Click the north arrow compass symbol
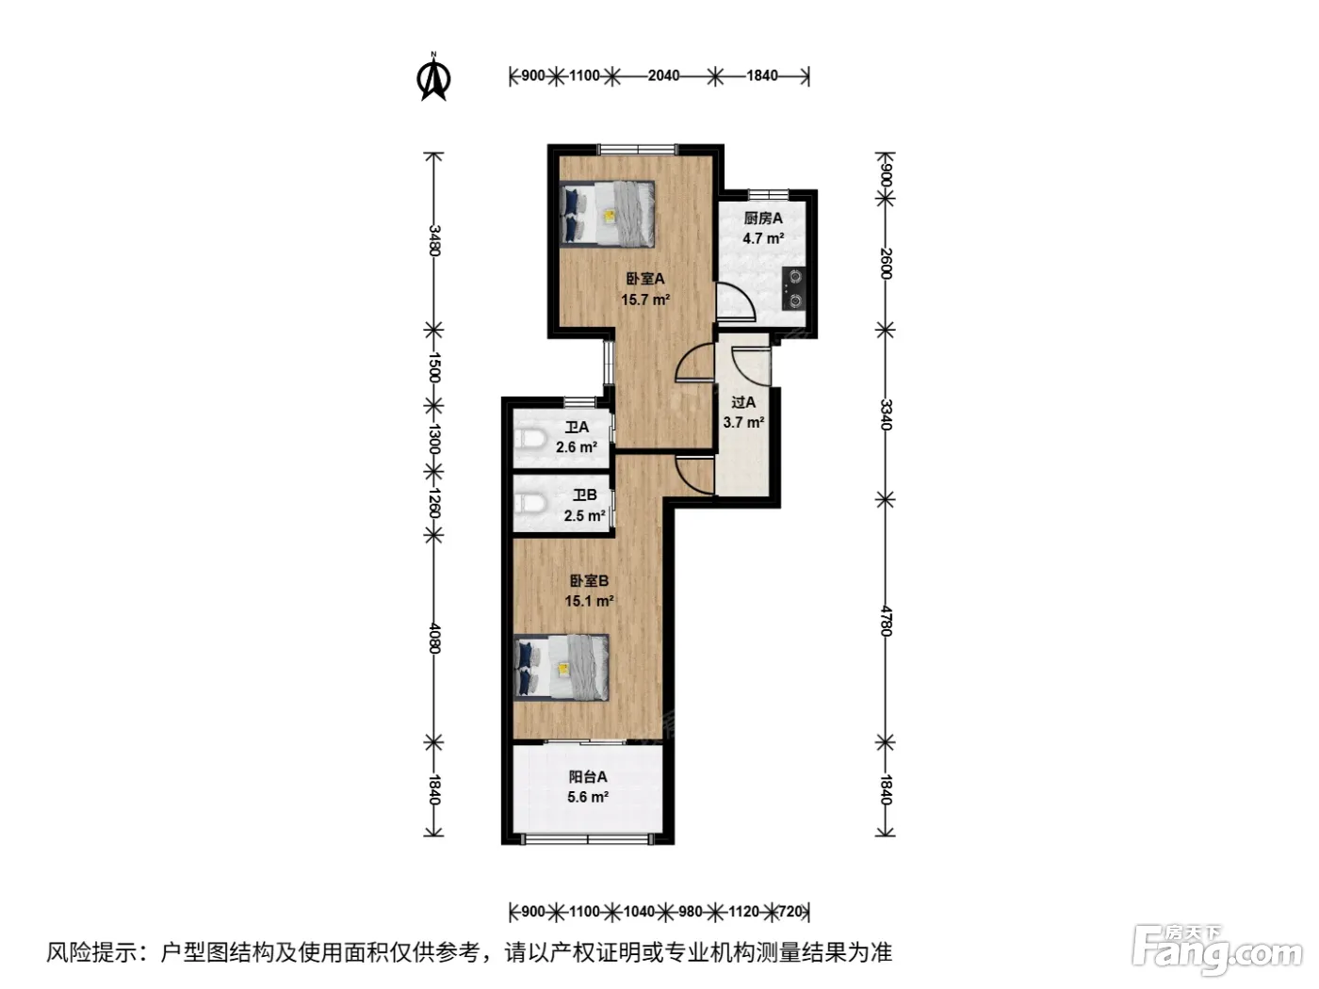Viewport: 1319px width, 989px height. (434, 77)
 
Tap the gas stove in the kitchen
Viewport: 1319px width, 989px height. (794, 289)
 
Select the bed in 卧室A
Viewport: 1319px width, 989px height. (607, 214)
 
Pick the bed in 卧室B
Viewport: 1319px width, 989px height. (562, 667)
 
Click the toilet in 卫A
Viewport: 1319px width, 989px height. (529, 439)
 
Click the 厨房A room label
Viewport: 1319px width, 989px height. (763, 219)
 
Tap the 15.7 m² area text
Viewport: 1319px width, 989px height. (645, 299)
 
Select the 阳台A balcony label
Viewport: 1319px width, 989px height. (588, 777)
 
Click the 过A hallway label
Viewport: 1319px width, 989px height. (743, 402)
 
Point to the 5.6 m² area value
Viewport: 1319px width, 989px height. (588, 798)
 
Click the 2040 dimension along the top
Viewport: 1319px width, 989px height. (663, 75)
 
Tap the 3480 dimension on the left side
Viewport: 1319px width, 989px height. (434, 240)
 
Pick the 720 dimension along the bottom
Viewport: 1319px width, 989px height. (790, 912)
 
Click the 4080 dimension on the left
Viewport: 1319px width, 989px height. (434, 639)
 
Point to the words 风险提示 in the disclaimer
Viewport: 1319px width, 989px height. (91, 952)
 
